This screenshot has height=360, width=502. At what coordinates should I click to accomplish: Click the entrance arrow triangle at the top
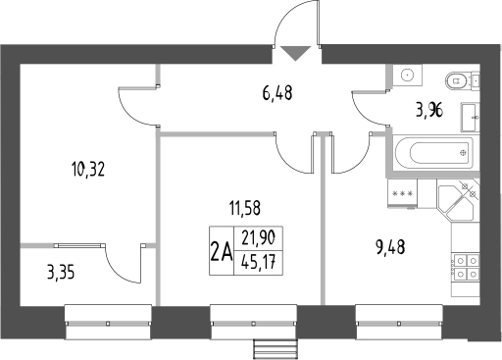pos(293,54)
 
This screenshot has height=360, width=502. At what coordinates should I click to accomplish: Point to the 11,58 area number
pos(248,207)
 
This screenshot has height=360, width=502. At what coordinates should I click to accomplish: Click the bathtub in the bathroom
pos(431,154)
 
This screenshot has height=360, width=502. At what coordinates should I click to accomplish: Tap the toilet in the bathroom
pos(457,81)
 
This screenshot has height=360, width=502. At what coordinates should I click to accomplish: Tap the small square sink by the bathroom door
pos(406,77)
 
